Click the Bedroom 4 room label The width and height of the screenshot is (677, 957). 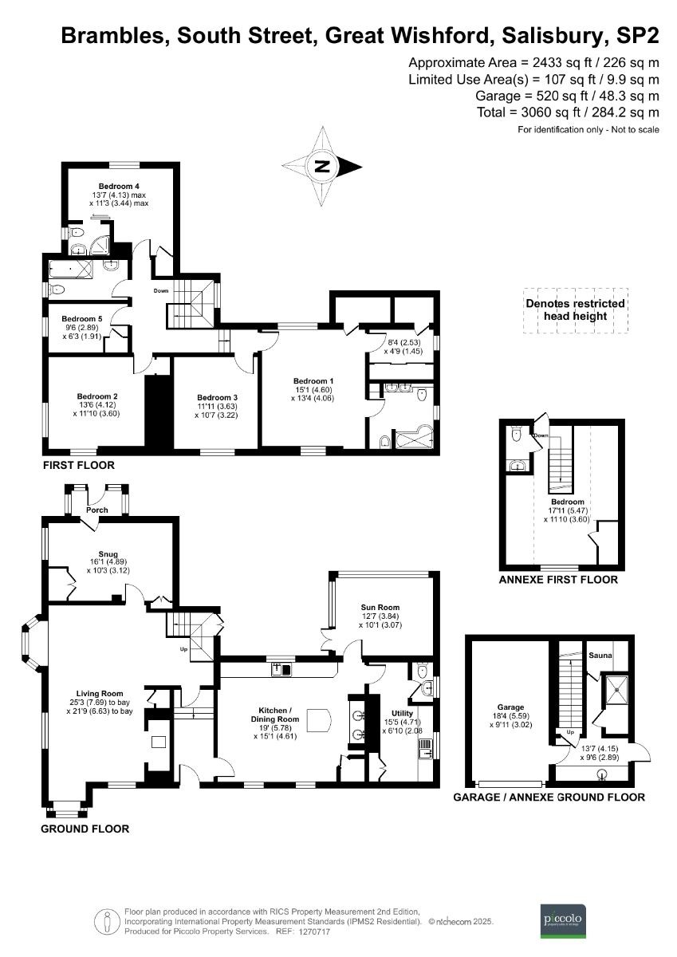118,186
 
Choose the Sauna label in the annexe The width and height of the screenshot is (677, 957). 600,656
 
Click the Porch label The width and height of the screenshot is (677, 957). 97,510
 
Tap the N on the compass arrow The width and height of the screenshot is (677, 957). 322,167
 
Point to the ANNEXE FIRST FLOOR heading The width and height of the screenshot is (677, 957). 557,580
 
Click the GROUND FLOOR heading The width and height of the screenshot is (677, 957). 85,829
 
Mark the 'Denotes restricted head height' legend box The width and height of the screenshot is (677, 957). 575,309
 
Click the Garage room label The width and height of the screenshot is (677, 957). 510,707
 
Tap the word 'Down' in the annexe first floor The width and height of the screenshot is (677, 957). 541,435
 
